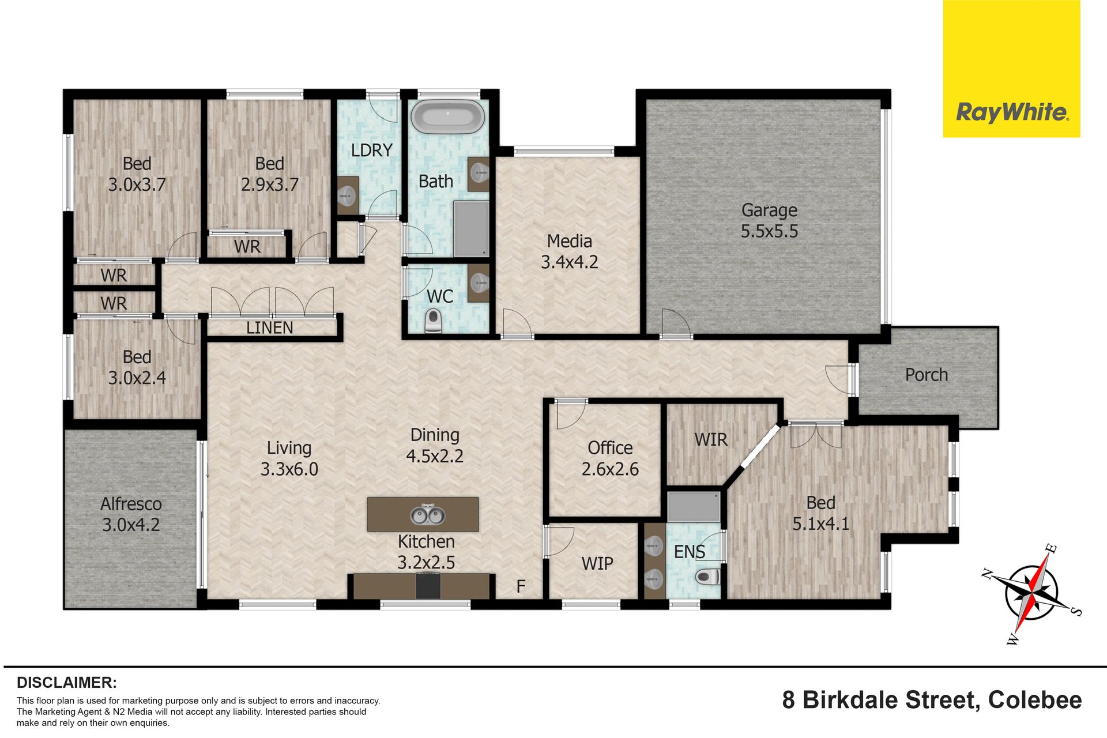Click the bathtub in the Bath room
click(447, 117)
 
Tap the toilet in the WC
click(433, 321)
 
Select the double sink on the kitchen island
click(427, 514)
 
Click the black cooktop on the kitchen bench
click(428, 586)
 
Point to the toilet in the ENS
click(707, 576)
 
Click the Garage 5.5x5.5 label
click(769, 220)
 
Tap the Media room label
click(569, 251)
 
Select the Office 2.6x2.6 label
click(610, 458)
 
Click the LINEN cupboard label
click(269, 327)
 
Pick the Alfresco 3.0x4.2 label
click(131, 514)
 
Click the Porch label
click(927, 375)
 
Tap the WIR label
click(711, 440)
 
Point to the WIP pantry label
click(597, 563)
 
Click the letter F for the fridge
click(521, 586)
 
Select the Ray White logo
click(1012, 69)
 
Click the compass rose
click(1031, 593)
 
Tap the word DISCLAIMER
click(67, 683)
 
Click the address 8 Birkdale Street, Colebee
click(932, 700)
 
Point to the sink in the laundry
click(347, 196)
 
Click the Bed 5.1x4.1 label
click(820, 513)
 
